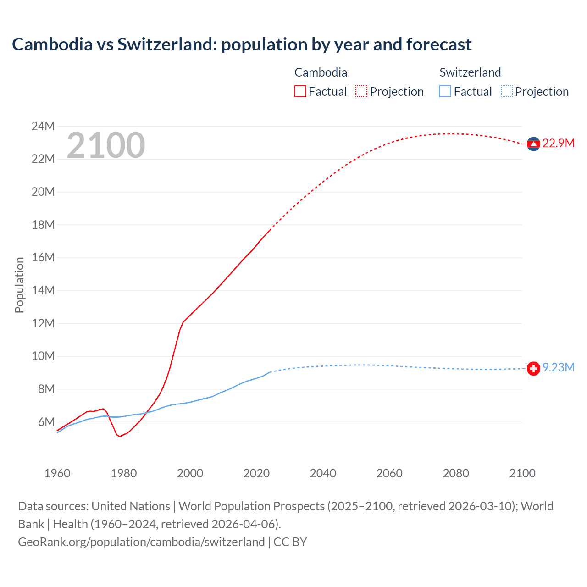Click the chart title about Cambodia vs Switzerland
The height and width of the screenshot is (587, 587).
[x=242, y=44]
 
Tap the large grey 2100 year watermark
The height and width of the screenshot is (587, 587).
[x=106, y=145]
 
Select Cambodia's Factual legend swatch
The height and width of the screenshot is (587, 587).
[x=300, y=91]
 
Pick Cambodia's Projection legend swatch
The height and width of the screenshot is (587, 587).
[x=361, y=91]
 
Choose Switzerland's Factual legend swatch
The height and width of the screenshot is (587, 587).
[x=445, y=91]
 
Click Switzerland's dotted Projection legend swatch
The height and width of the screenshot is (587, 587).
[x=507, y=91]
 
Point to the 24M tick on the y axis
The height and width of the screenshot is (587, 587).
[x=43, y=126]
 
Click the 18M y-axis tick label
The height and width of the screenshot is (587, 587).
[x=43, y=225]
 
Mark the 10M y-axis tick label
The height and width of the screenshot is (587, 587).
[x=43, y=356]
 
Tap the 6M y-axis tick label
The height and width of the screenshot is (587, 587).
[x=46, y=422]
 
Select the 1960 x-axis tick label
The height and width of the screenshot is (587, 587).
[x=57, y=473]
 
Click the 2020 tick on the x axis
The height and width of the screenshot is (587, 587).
[x=256, y=473]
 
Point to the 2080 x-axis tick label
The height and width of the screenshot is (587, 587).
[x=456, y=473]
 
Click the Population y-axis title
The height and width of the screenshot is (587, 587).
[x=19, y=285]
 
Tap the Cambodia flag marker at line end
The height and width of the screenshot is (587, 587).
[x=533, y=144]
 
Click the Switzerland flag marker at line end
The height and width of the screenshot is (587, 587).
[x=533, y=368]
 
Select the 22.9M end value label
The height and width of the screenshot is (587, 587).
[x=558, y=144]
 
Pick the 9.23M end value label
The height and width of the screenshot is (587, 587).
[x=559, y=368]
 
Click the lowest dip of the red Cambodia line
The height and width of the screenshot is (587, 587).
[x=120, y=436]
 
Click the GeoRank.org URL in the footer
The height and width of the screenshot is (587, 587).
[x=141, y=542]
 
